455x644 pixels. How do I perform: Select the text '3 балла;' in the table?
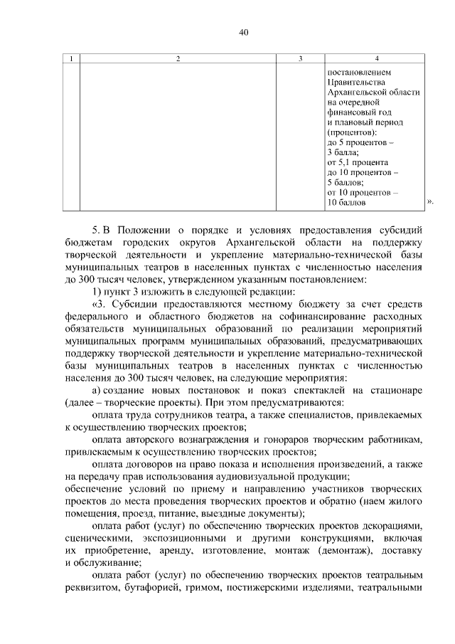(x=343, y=152)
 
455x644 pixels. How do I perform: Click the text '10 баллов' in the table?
(x=346, y=203)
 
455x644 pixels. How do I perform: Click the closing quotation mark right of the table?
(x=430, y=203)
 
